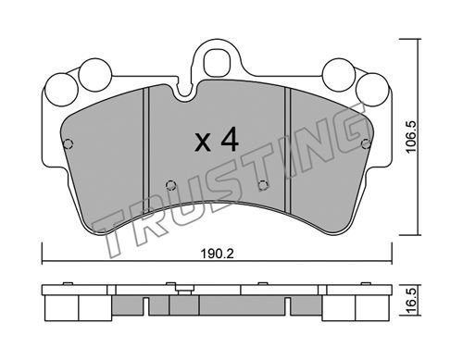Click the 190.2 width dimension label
click(x=218, y=254)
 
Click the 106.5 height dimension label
click(x=411, y=137)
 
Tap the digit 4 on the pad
click(x=230, y=139)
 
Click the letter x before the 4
click(x=203, y=143)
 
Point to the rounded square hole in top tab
click(x=217, y=62)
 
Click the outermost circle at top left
click(x=61, y=90)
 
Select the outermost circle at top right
click(x=372, y=90)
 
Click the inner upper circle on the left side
click(x=94, y=75)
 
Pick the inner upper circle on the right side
click(x=338, y=75)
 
